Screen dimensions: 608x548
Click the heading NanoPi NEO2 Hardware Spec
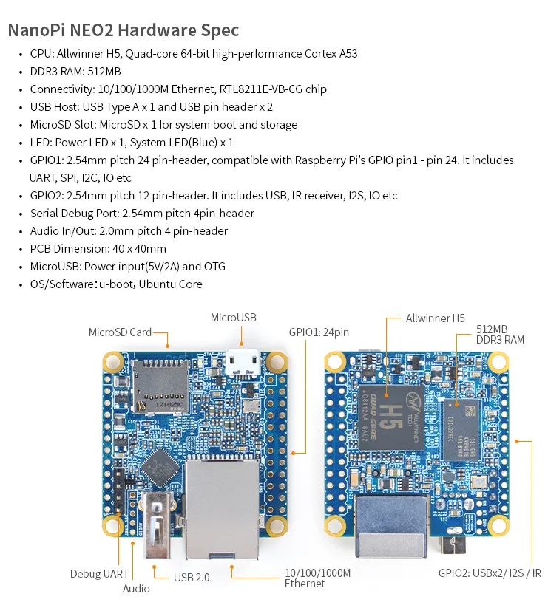click(x=124, y=30)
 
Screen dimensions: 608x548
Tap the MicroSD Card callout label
click(x=120, y=332)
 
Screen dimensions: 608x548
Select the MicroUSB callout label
click(x=233, y=318)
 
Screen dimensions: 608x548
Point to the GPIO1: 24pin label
click(x=319, y=332)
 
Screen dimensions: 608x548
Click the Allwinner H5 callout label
click(x=436, y=318)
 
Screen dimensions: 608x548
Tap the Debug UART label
click(x=99, y=574)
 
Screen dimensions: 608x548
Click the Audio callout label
click(x=136, y=589)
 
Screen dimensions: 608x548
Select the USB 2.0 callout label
click(x=192, y=577)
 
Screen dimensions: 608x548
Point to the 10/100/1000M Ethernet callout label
click(x=317, y=578)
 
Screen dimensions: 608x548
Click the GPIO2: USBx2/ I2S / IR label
click(x=490, y=573)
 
